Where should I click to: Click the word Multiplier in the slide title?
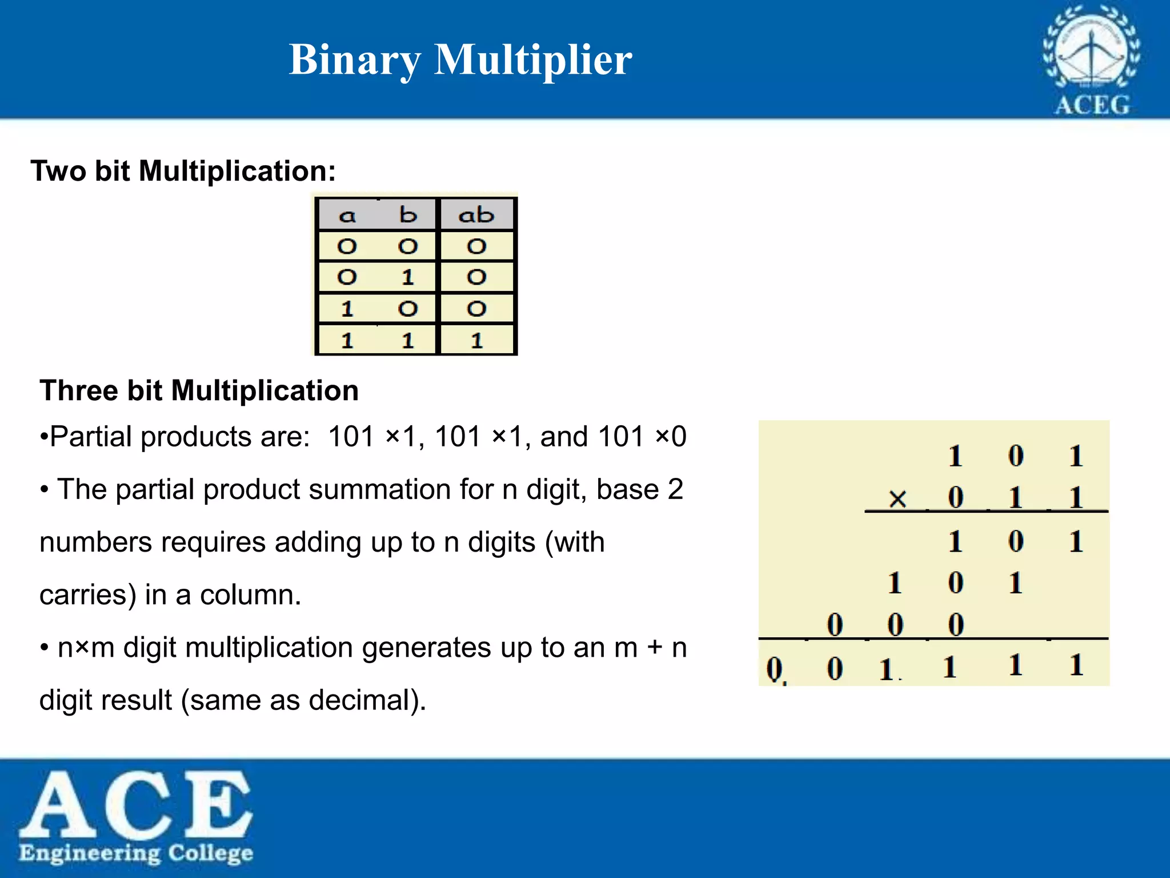click(532, 59)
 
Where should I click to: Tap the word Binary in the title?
click(355, 61)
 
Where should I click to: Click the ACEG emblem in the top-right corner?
click(1091, 60)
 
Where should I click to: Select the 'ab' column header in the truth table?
click(476, 215)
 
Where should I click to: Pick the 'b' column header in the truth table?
click(408, 215)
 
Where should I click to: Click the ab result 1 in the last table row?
click(476, 341)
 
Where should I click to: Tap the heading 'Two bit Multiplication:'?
click(183, 171)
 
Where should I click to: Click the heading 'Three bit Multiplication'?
click(199, 391)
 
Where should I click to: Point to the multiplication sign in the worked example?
click(897, 499)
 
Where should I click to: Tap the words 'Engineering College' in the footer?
click(136, 853)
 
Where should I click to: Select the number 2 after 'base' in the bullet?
click(675, 490)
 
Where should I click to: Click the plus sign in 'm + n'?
click(655, 648)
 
